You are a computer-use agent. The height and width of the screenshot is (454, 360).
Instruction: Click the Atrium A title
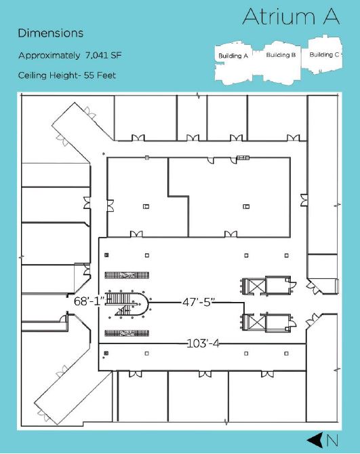pyautogui.click(x=291, y=16)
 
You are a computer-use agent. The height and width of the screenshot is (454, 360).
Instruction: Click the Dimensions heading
pyautogui.click(x=51, y=33)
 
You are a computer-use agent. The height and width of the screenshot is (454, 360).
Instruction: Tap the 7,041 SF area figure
pyautogui.click(x=103, y=55)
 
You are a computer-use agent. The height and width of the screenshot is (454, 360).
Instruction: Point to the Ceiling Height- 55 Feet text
pyautogui.click(x=67, y=75)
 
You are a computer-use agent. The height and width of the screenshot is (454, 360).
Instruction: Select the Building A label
pyautogui.click(x=233, y=56)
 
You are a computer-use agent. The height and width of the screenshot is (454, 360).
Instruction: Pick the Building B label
pyautogui.click(x=281, y=55)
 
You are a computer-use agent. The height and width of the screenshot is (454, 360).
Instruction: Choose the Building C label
pyautogui.click(x=325, y=54)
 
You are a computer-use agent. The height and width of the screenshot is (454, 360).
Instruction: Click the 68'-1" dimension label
pyautogui.click(x=89, y=301)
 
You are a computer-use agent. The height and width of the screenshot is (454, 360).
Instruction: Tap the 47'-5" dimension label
pyautogui.click(x=199, y=303)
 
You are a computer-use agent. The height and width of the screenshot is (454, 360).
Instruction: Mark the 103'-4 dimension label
pyautogui.click(x=203, y=343)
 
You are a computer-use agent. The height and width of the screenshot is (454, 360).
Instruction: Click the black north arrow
pyautogui.click(x=315, y=440)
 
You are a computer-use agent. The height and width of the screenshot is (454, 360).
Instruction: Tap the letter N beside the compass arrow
pyautogui.click(x=332, y=440)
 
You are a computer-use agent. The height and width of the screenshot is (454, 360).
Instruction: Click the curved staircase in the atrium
pyautogui.click(x=127, y=304)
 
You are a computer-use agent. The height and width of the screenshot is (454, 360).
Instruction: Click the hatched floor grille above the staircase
pyautogui.click(x=127, y=275)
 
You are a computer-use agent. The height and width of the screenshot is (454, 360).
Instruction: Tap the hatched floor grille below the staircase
pyautogui.click(x=127, y=333)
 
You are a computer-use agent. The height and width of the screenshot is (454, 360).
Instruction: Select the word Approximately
pyautogui.click(x=49, y=56)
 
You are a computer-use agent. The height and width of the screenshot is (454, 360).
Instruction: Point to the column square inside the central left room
pyautogui.click(x=146, y=206)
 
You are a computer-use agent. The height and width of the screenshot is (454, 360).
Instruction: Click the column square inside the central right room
pyautogui.click(x=246, y=206)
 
